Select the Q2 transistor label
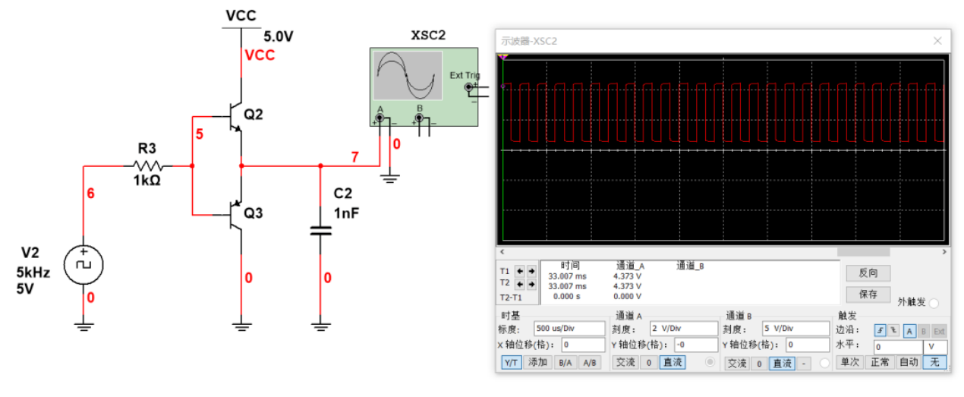click(254, 115)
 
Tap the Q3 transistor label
click(254, 213)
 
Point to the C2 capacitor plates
click(320, 230)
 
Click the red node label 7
click(354, 157)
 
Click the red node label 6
click(91, 194)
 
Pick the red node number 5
click(200, 134)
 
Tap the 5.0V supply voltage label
click(279, 36)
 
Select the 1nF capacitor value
click(346, 213)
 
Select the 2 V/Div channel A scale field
click(682, 329)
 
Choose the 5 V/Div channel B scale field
click(795, 329)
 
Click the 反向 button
click(868, 273)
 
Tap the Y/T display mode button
click(512, 363)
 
